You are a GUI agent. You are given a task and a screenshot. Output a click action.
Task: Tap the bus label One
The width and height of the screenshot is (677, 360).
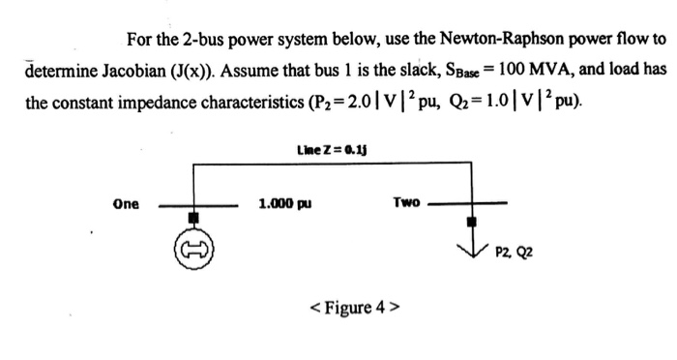click(x=126, y=204)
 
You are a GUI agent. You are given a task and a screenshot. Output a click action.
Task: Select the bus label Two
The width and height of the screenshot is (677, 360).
click(x=406, y=202)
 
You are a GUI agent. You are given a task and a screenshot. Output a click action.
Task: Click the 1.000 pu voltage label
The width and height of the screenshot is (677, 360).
click(x=280, y=204)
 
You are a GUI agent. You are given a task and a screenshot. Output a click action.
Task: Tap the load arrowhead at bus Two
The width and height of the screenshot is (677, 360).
click(x=472, y=249)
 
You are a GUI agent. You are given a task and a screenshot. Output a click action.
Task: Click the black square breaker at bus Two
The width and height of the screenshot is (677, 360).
click(x=472, y=222)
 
